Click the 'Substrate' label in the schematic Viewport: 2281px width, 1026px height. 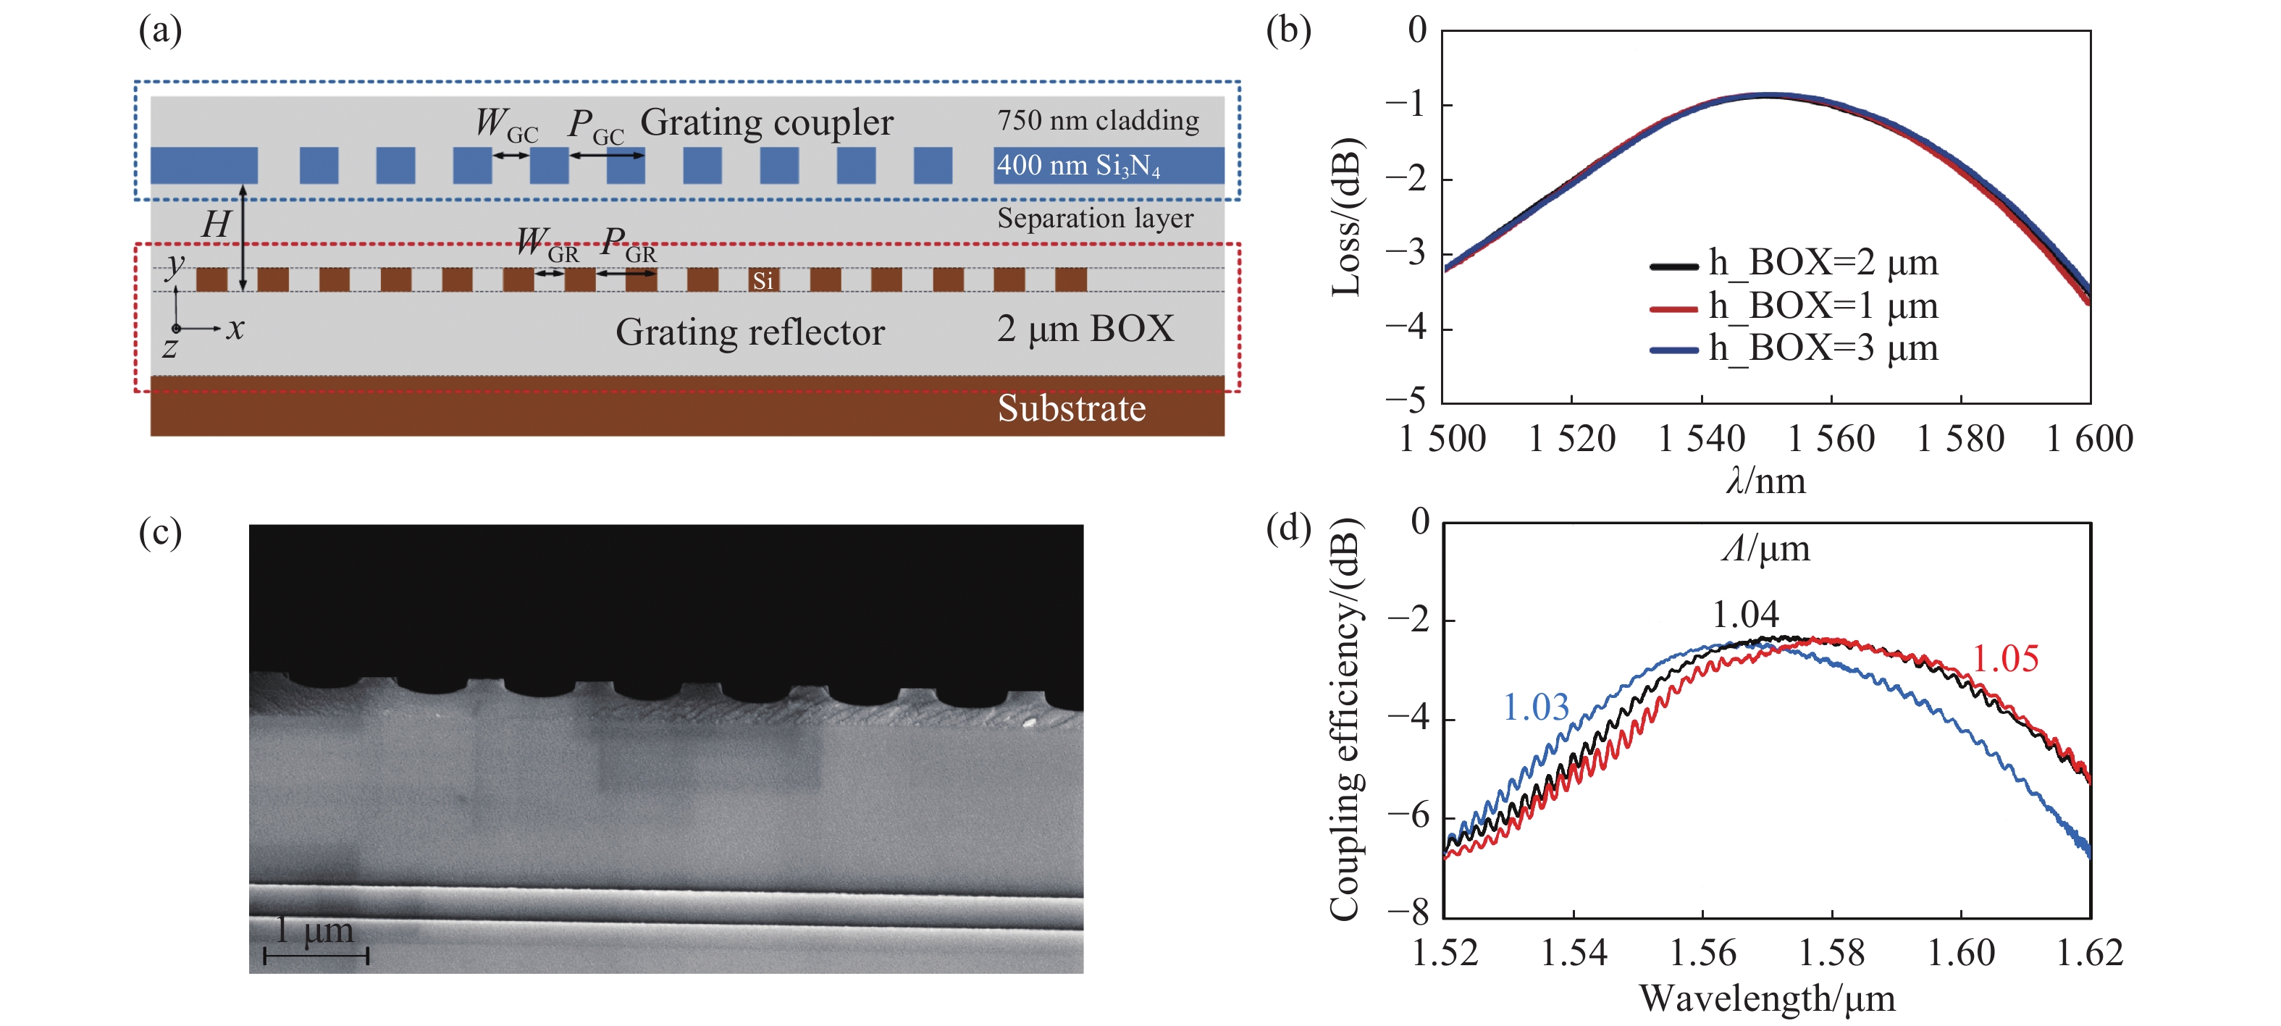[1072, 408]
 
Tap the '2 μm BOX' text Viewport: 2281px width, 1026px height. [1085, 329]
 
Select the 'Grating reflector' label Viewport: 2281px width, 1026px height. [750, 332]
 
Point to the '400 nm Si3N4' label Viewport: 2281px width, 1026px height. [1078, 166]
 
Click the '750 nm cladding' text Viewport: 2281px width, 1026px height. [1098, 120]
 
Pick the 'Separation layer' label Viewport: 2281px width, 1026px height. [1096, 218]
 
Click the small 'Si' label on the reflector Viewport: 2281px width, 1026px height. [763, 281]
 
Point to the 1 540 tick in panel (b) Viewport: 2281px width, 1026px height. [1701, 439]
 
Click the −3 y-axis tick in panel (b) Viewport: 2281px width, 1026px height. [1406, 253]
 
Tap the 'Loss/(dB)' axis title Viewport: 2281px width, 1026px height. [1345, 217]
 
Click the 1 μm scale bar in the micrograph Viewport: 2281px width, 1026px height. [316, 954]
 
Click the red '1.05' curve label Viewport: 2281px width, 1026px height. [2004, 659]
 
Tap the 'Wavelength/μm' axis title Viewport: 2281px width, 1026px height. [1767, 998]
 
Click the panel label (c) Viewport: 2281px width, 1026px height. [160, 532]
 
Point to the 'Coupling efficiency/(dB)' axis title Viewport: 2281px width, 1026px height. [1344, 719]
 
